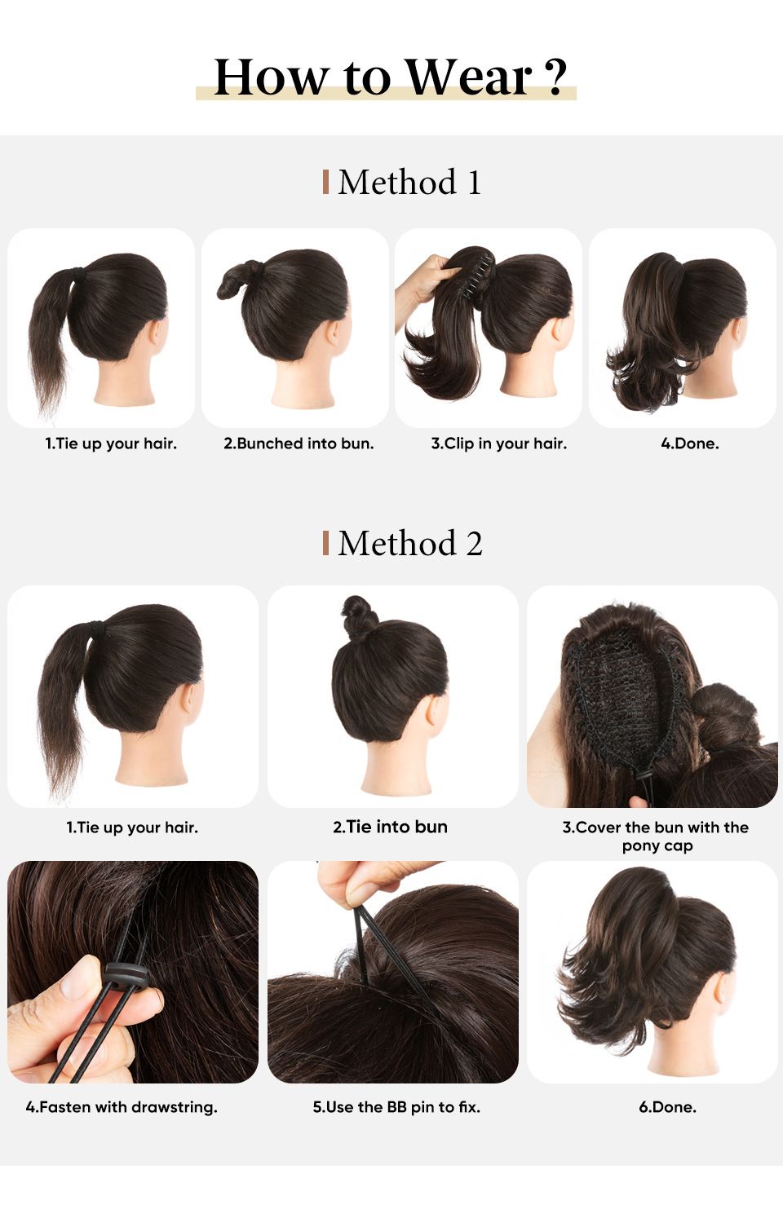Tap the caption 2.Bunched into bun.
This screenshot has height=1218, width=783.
click(299, 444)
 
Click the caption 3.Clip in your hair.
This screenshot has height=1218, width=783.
click(498, 444)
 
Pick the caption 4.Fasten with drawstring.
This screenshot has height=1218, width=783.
click(122, 1107)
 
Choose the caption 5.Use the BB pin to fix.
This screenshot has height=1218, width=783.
click(396, 1107)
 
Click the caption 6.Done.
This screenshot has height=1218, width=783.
click(667, 1107)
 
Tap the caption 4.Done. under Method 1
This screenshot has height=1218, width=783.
click(689, 444)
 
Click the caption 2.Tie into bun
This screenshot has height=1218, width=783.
click(390, 827)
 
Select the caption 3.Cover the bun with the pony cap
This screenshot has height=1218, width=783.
click(656, 836)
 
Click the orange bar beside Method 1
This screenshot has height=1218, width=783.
click(325, 182)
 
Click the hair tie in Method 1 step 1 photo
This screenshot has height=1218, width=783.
click(79, 273)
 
